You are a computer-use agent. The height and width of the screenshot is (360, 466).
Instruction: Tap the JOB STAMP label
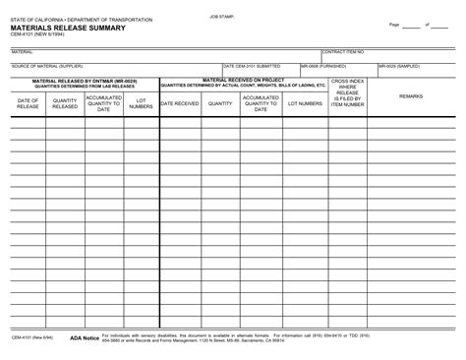(222, 17)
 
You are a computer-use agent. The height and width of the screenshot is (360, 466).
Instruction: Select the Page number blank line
(410, 25)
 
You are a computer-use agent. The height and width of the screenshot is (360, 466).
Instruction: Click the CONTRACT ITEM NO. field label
(343, 51)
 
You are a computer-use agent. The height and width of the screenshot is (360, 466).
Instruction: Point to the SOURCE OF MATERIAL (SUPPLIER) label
(48, 66)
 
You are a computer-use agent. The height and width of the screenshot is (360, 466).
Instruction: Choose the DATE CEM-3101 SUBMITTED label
(252, 66)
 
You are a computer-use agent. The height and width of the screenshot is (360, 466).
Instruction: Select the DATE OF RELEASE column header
(28, 102)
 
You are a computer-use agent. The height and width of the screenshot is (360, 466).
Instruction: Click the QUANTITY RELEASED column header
(65, 102)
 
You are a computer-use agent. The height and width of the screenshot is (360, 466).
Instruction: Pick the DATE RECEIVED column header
(179, 102)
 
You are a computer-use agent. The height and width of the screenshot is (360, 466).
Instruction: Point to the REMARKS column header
(411, 95)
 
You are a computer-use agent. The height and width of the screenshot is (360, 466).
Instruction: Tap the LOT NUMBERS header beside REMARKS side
(303, 102)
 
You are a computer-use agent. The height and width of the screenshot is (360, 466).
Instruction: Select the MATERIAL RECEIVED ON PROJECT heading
(242, 80)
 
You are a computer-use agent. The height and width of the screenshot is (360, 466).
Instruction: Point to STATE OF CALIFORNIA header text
(82, 20)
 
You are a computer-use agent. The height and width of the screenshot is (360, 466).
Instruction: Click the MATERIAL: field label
(22, 51)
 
